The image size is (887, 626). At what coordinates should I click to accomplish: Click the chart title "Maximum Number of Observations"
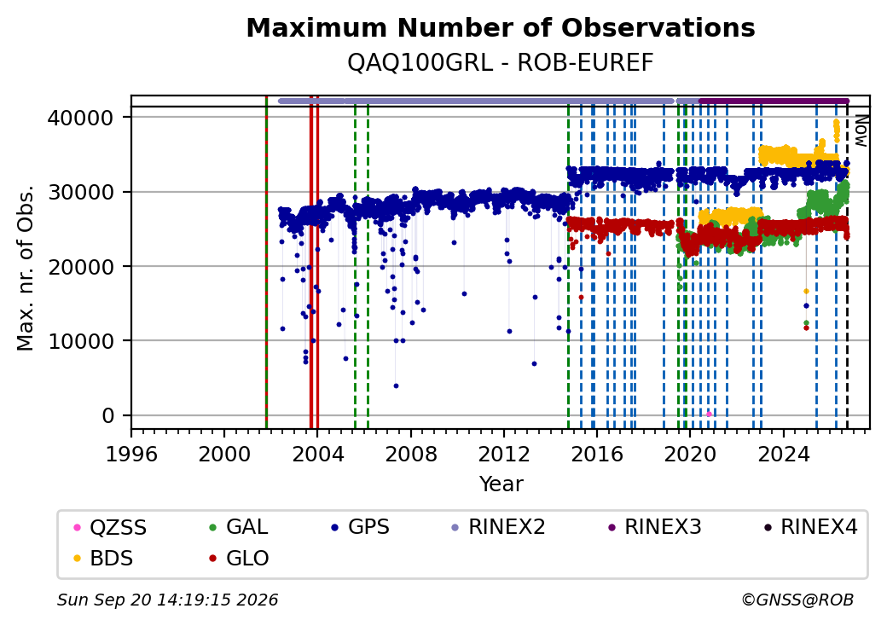coord(501,27)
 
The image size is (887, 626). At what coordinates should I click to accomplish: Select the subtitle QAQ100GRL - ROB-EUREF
coord(501,62)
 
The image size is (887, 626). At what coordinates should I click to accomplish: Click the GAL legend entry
coord(239,527)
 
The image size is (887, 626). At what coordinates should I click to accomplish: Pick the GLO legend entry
coord(239,558)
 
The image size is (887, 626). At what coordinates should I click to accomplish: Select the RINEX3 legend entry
coord(654,527)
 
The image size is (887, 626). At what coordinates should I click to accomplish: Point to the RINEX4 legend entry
coord(810,527)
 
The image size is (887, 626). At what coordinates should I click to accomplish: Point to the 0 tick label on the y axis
coord(107,415)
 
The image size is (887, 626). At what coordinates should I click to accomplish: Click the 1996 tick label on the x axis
coord(131,454)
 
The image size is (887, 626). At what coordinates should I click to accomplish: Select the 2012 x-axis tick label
coord(503,454)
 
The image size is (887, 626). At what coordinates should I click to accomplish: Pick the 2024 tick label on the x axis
coord(784,454)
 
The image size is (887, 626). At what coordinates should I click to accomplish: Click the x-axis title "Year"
coord(501,484)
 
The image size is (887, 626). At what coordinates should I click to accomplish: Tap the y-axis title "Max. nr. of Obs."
coord(26,267)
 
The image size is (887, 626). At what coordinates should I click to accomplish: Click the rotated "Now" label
coord(861,130)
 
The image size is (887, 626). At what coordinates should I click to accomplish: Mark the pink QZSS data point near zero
coord(709,414)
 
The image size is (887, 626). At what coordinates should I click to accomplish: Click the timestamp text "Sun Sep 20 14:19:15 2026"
coord(167,600)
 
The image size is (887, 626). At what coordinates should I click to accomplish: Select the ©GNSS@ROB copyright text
coord(797,600)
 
